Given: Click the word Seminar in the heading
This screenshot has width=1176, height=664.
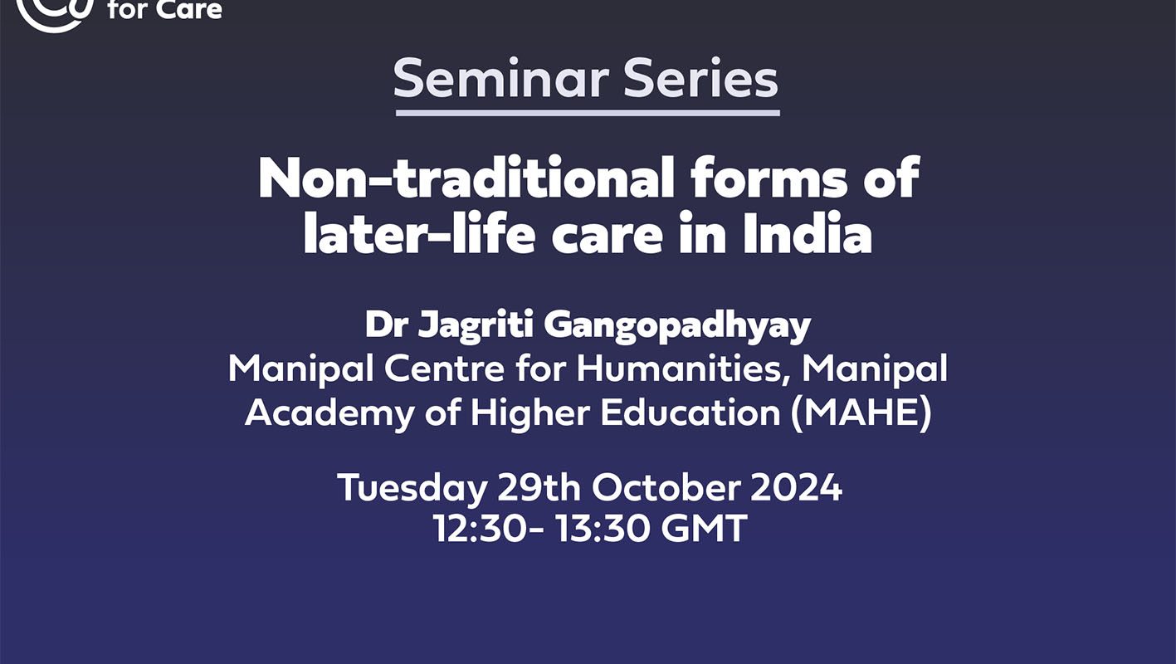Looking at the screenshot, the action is coord(500,79).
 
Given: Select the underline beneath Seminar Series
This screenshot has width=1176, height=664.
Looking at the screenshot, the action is coord(588,113).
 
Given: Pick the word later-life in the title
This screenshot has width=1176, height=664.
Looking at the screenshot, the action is coord(419,232).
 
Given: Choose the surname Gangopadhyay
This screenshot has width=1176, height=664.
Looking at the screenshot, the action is coord(677,326).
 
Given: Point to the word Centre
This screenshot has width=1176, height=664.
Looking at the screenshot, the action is coord(445,369).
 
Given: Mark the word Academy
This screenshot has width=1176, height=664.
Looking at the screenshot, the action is coord(329,413).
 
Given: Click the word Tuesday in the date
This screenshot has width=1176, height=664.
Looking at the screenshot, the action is coord(412,488).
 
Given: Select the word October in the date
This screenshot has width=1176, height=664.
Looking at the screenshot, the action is coord(666,487).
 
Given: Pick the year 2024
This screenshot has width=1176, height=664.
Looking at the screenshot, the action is coord(797,488).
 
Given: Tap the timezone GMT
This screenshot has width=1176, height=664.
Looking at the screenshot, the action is coord(704,528).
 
